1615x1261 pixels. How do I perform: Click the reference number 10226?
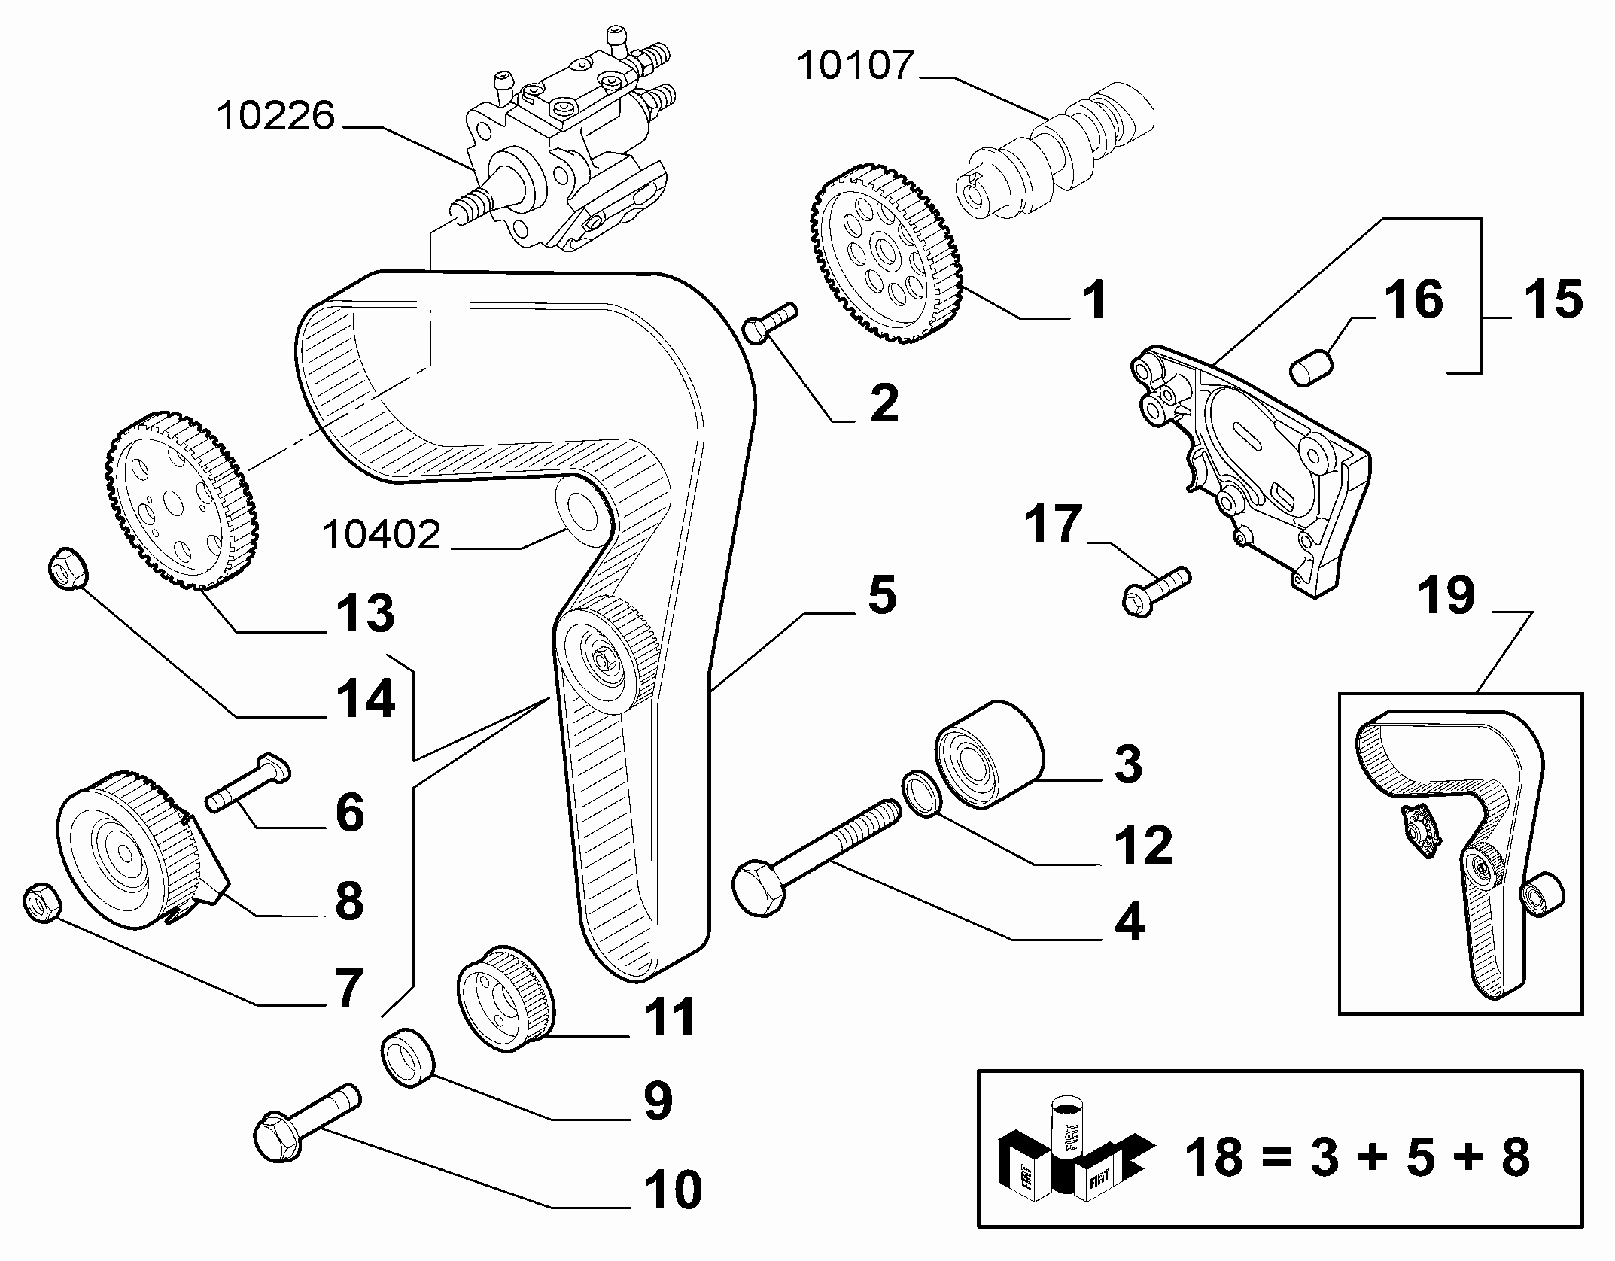(275, 117)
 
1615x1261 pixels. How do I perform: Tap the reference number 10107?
(855, 65)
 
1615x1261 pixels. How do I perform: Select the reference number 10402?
(381, 535)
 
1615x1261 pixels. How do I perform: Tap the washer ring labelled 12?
(920, 793)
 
